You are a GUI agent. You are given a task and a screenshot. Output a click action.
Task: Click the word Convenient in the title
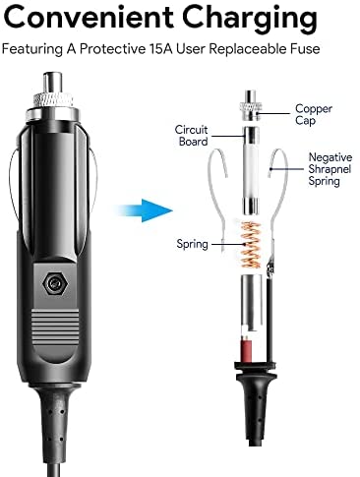[x=89, y=17]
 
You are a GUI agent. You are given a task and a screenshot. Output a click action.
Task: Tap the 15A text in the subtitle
[x=161, y=49]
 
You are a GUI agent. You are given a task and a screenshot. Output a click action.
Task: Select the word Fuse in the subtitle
[x=305, y=49]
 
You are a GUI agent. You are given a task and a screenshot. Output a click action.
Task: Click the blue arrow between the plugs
[x=144, y=210]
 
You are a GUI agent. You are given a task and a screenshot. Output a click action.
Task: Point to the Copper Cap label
[x=314, y=114]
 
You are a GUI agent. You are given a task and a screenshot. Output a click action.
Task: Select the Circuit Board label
[x=192, y=136]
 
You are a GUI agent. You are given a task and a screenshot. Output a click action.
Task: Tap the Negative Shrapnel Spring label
[x=330, y=169]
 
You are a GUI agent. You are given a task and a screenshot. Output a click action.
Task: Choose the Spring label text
[x=192, y=244]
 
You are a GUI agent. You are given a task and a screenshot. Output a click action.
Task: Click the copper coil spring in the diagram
[x=251, y=244]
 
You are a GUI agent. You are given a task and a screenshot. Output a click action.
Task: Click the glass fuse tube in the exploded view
[x=251, y=171]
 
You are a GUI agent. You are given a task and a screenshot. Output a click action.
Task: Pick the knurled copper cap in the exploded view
[x=251, y=105]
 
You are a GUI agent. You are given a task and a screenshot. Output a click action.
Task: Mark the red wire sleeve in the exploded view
[x=247, y=351]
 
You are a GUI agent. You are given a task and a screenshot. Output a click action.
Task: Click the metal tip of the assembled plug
[x=53, y=83]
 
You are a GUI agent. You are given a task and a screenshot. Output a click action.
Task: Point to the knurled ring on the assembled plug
[x=52, y=99]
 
